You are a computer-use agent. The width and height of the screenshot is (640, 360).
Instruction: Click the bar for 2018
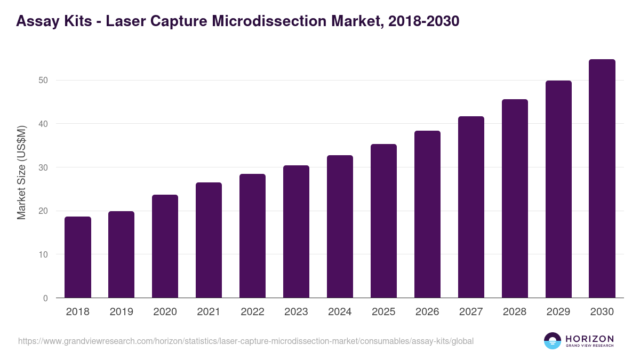pyautogui.click(x=78, y=257)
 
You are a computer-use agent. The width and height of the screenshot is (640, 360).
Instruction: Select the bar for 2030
pyautogui.click(x=602, y=179)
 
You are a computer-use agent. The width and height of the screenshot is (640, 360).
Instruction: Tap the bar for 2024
pyautogui.click(x=340, y=227)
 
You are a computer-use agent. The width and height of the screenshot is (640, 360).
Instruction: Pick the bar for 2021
pyautogui.click(x=209, y=240)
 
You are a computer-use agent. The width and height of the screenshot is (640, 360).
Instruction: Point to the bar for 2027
pyautogui.click(x=471, y=207)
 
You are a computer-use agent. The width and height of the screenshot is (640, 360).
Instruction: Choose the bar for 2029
pyautogui.click(x=558, y=189)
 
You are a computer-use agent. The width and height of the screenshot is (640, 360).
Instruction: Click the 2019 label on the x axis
pyautogui.click(x=122, y=312)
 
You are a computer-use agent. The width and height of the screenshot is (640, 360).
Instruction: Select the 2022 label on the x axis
pyautogui.click(x=252, y=312)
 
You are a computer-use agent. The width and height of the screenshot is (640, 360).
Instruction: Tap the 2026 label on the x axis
pyautogui.click(x=427, y=312)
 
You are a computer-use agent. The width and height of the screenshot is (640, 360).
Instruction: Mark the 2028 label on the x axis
pyautogui.click(x=515, y=312)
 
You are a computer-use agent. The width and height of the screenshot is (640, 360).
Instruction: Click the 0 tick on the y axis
pyautogui.click(x=45, y=298)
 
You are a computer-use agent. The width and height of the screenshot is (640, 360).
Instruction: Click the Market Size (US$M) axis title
pyautogui.click(x=21, y=172)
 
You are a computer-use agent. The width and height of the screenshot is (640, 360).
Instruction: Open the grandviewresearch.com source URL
pyautogui.click(x=245, y=341)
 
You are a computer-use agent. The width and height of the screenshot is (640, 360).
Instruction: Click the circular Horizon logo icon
pyautogui.click(x=553, y=341)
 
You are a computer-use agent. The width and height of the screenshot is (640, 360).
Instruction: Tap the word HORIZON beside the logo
pyautogui.click(x=589, y=339)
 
